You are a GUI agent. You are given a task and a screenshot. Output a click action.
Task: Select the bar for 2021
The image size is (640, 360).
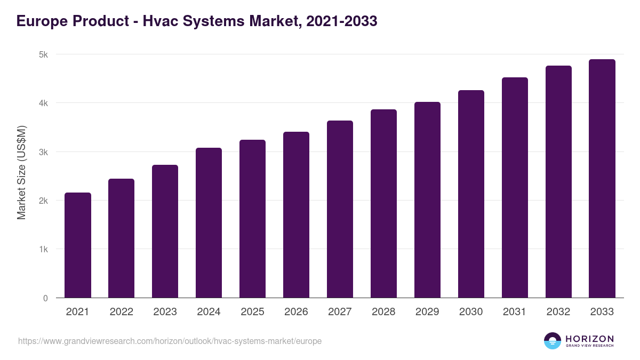pyautogui.click(x=78, y=245)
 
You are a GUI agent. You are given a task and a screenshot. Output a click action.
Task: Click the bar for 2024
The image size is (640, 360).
pyautogui.click(x=209, y=223)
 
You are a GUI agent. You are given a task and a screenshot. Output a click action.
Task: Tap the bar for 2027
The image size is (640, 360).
pyautogui.click(x=340, y=209)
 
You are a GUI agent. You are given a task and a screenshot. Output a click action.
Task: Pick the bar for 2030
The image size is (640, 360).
pyautogui.click(x=471, y=194)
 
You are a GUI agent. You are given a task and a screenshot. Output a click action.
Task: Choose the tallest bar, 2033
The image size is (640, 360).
pyautogui.click(x=602, y=179)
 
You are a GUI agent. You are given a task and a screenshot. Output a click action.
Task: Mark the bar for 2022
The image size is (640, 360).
pyautogui.click(x=122, y=238)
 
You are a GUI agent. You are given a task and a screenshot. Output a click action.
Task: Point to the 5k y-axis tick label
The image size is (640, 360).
pyautogui.click(x=43, y=54)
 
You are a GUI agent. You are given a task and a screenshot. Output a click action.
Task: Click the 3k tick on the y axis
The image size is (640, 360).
pyautogui.click(x=43, y=152)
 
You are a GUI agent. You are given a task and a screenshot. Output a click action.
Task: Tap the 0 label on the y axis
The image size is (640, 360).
pyautogui.click(x=45, y=298)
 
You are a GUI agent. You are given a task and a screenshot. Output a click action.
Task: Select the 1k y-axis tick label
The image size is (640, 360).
pyautogui.click(x=43, y=250)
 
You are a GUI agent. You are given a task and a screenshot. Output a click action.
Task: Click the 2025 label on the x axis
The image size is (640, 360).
pyautogui.click(x=252, y=312)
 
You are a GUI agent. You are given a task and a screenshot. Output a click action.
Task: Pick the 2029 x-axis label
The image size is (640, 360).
pyautogui.click(x=427, y=312)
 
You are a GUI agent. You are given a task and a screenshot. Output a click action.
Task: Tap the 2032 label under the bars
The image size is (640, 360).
pyautogui.click(x=558, y=312)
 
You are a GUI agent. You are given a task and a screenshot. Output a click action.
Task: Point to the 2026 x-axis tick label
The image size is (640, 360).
pyautogui.click(x=296, y=312)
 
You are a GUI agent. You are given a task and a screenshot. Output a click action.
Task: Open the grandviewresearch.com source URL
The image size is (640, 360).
pyautogui.click(x=170, y=341)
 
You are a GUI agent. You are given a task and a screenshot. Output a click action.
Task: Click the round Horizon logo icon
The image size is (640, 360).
pyautogui.click(x=553, y=341)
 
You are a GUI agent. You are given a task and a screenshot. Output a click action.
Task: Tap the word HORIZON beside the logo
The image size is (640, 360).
pyautogui.click(x=589, y=339)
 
